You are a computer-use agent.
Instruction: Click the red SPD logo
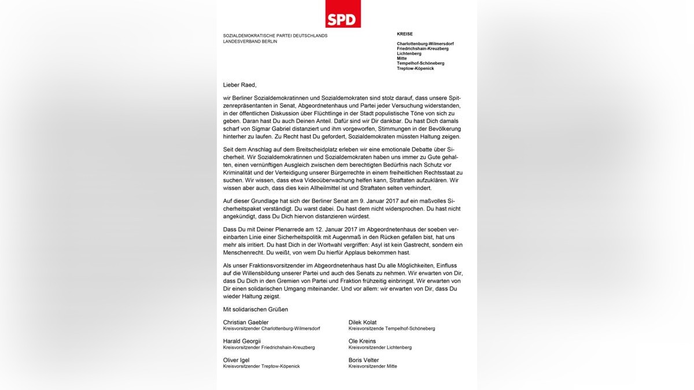343,14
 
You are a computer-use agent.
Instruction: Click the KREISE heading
405,34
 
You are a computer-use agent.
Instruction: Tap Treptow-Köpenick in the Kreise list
415,68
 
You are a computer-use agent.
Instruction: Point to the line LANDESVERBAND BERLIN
250,41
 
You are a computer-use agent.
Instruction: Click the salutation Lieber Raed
239,84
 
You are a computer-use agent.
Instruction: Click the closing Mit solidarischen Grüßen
255,309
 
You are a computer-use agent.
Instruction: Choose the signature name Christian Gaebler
246,322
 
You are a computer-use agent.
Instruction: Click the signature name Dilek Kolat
363,322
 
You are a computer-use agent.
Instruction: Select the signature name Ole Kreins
362,341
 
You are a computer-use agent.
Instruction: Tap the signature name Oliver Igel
237,360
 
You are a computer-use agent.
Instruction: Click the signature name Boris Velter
364,360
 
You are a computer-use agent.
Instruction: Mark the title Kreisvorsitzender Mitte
372,366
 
